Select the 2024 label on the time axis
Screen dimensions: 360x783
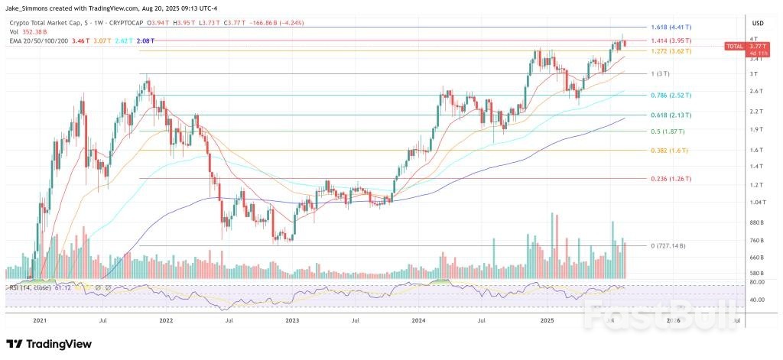tap(418, 322)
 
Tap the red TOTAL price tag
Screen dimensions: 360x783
tap(735, 47)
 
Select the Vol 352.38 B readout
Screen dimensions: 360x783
tap(29, 31)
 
